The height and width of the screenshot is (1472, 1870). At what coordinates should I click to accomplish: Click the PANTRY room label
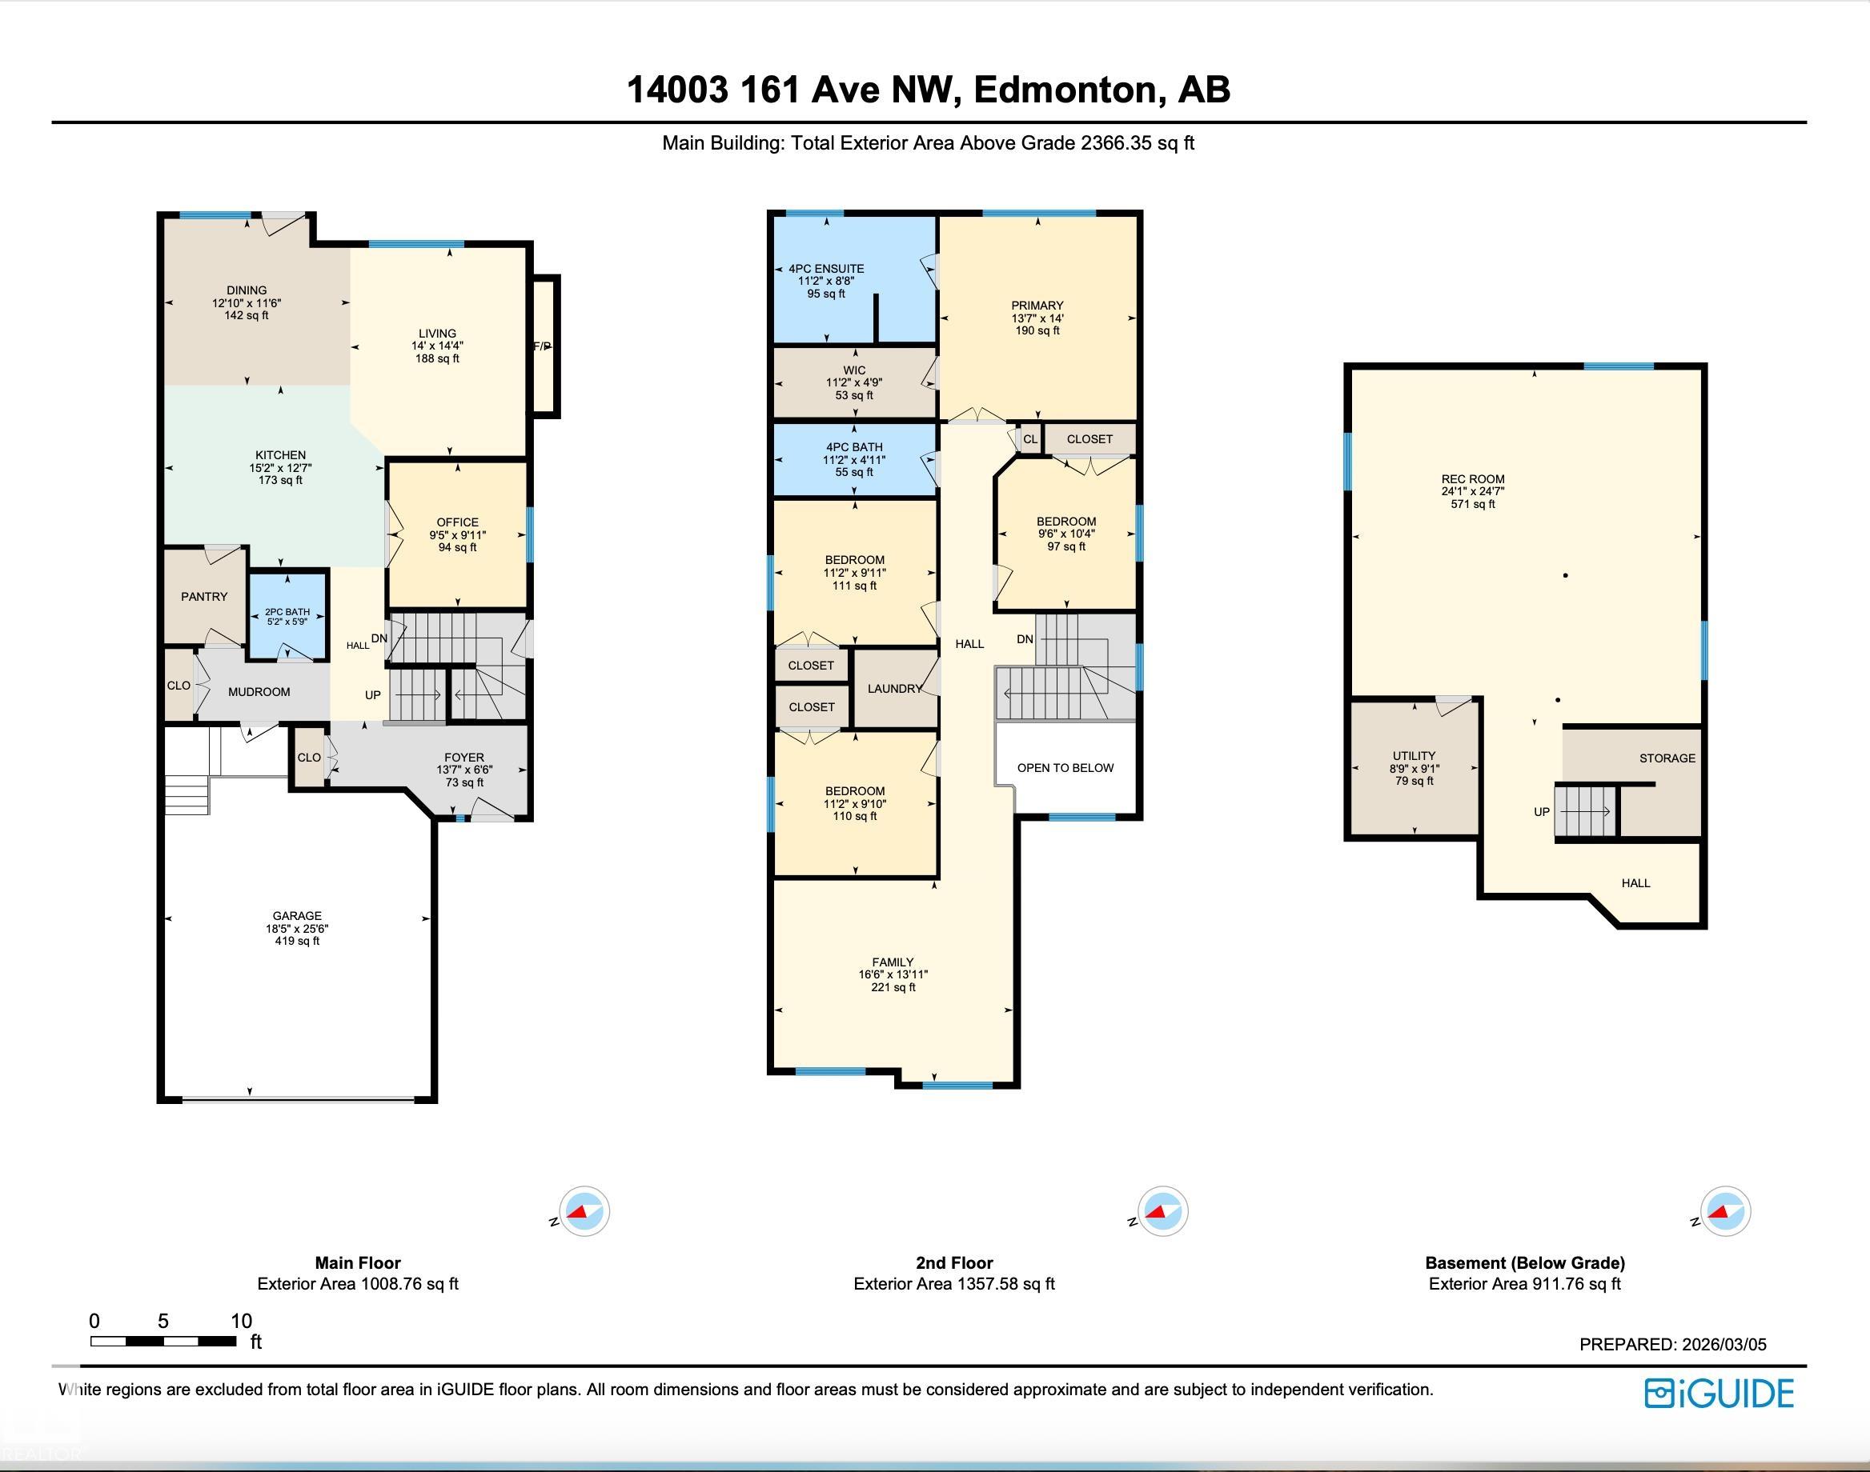(204, 596)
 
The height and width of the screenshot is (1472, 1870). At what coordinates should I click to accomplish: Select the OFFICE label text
(457, 522)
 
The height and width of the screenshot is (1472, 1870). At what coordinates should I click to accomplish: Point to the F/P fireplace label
(541, 346)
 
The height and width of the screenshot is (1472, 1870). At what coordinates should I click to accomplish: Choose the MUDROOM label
(259, 691)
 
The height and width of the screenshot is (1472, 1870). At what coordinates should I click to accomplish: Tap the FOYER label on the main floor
(463, 758)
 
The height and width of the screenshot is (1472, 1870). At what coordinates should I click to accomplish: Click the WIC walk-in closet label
(854, 370)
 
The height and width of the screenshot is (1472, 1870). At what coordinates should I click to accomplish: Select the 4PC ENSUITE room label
(826, 269)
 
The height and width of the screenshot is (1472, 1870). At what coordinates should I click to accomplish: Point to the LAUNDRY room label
(895, 689)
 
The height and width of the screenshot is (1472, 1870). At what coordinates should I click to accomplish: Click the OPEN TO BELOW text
(1065, 768)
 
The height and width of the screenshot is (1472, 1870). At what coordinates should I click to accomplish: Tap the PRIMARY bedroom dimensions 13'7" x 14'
(1037, 318)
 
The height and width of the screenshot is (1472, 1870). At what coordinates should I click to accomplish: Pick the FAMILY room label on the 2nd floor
(893, 962)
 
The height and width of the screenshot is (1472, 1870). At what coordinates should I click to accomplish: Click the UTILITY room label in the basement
(1414, 756)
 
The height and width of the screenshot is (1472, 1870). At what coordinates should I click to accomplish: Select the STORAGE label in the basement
(1667, 758)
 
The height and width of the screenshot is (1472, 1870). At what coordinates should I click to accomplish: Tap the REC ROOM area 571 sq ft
(1473, 504)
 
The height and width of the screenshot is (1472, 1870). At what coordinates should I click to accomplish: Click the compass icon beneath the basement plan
(1724, 1211)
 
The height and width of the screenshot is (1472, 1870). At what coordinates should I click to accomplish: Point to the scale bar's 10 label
(242, 1320)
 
